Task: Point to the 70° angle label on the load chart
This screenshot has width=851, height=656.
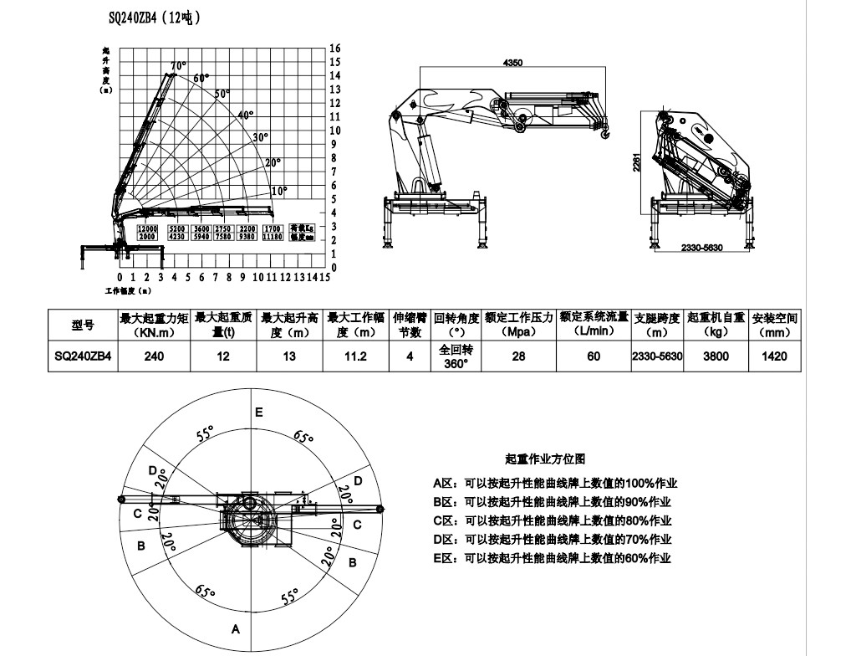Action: [178, 66]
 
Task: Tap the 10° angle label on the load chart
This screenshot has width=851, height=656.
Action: [278, 191]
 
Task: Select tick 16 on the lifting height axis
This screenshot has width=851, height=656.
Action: [335, 49]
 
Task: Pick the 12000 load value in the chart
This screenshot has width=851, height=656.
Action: [148, 228]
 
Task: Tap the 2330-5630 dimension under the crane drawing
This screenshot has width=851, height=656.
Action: [702, 249]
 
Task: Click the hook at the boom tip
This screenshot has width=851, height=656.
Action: [605, 130]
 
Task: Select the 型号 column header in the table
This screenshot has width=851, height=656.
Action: [83, 325]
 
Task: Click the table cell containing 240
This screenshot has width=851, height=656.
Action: [154, 356]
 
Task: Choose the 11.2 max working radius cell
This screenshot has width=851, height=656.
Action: [355, 356]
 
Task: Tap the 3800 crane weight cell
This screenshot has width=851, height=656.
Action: [716, 356]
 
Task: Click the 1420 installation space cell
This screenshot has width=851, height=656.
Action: [775, 356]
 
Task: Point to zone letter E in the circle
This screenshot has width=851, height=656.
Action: [259, 412]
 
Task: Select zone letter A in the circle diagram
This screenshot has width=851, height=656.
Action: [236, 628]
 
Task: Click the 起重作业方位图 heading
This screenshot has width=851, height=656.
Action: [545, 459]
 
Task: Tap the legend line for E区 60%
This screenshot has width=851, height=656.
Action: [553, 558]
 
